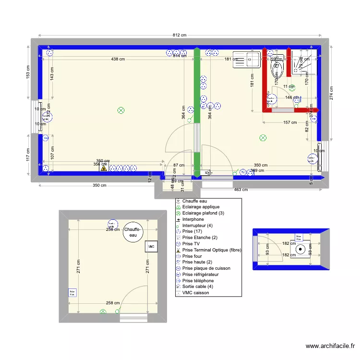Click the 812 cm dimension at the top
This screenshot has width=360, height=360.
(x=180, y=35)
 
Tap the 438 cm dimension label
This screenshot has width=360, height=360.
(x=118, y=59)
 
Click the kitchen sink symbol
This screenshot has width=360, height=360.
(x=246, y=58)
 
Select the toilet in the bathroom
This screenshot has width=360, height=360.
(x=277, y=69)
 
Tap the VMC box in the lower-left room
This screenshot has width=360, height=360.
(x=151, y=246)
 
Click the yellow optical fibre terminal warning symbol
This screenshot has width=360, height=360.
(x=103, y=168)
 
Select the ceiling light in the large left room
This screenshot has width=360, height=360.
(x=121, y=110)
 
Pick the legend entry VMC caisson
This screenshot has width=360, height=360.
(x=195, y=292)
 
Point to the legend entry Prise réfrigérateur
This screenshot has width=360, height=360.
(x=200, y=274)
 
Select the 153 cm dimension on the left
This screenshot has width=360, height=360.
(x=28, y=72)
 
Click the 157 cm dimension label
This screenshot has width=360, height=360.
(x=290, y=122)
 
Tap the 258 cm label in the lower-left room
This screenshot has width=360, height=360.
(x=113, y=303)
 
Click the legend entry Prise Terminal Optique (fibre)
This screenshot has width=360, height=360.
(x=212, y=250)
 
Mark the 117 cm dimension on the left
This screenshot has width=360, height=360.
(x=28, y=155)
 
